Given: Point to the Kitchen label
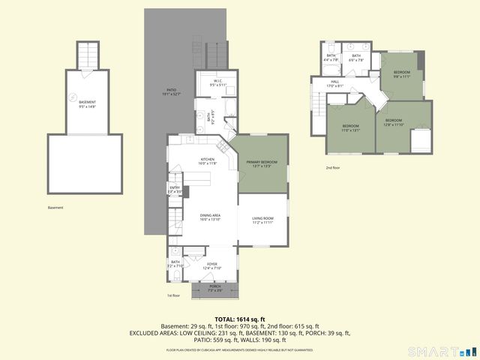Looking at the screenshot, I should point(208,161).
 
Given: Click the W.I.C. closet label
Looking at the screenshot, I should point(217,83).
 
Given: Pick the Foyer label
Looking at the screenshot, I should point(212,266).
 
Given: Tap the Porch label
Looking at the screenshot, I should point(214,288).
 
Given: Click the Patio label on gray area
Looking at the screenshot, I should point(172,92).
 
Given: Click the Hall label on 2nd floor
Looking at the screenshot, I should point(335,84).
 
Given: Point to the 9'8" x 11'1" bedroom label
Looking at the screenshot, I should point(402,74).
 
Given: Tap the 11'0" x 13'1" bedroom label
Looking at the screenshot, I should point(351,127).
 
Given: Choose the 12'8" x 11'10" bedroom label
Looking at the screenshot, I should point(394,122).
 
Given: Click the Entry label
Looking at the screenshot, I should point(175,190).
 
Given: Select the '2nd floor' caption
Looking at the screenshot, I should point(332,168).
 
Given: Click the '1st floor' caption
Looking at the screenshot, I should point(174,296).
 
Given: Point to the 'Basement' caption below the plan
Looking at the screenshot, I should point(55,208).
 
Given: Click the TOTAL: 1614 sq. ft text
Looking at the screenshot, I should point(240,319).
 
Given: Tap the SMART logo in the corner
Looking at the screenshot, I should point(439,351).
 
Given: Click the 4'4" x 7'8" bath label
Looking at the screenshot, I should point(331,58).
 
